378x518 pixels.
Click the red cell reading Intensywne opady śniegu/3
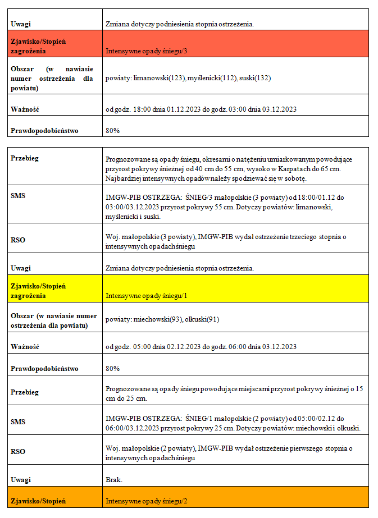146,51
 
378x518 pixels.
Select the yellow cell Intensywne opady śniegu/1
146,295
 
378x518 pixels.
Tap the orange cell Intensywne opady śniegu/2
146,501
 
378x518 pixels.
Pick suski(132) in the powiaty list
255,78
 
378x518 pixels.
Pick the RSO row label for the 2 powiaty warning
18,451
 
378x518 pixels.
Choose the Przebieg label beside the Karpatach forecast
25,158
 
